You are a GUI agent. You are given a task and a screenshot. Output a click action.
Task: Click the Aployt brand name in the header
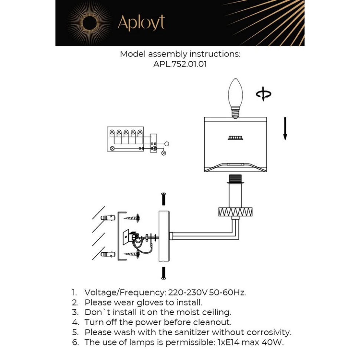(x=141, y=23)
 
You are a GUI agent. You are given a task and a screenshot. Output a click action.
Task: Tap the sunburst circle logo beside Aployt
(x=89, y=23)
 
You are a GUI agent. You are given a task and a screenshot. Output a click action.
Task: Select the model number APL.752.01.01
(x=180, y=64)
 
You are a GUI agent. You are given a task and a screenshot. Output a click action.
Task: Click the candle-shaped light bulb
(x=235, y=98)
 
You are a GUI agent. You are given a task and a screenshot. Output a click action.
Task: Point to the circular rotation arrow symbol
(x=264, y=94)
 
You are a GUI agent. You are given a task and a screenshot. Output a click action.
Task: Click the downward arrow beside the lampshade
(x=285, y=128)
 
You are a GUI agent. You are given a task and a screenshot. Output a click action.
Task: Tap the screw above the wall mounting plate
(x=163, y=199)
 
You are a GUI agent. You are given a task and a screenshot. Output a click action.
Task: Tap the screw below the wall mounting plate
(x=163, y=273)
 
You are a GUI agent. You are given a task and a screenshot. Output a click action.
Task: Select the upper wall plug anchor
(x=107, y=217)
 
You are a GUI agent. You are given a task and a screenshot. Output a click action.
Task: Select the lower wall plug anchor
(x=107, y=255)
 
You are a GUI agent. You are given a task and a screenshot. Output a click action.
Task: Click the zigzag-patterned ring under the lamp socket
(x=235, y=212)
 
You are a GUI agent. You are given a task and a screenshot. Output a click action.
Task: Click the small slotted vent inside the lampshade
(x=235, y=138)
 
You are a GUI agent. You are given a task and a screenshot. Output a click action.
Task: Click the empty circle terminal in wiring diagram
(x=167, y=144)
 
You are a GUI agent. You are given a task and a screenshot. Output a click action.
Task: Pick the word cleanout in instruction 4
(x=214, y=322)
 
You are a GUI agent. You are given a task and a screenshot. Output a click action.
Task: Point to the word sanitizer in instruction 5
(x=188, y=332)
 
